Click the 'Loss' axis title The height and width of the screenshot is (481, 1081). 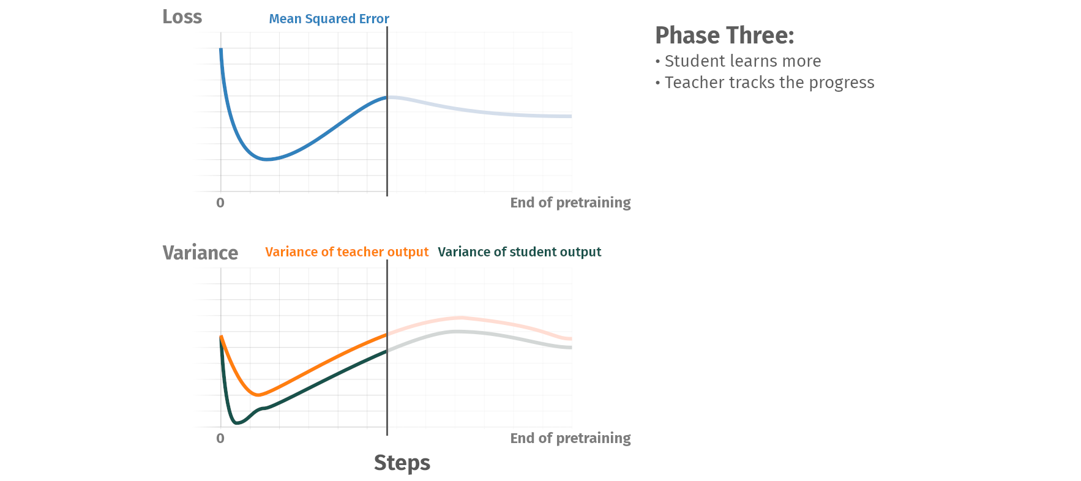pyautogui.click(x=182, y=17)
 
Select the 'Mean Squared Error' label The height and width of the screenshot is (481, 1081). pyautogui.click(x=329, y=19)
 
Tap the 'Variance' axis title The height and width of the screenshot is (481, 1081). pyautogui.click(x=200, y=253)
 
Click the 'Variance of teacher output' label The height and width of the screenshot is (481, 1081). pyautogui.click(x=346, y=252)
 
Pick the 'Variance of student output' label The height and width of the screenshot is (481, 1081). pyautogui.click(x=519, y=252)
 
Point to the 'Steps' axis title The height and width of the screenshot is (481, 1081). pyautogui.click(x=402, y=463)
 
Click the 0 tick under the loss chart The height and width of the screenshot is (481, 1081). pyautogui.click(x=220, y=203)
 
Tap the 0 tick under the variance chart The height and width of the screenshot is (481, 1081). pyautogui.click(x=220, y=438)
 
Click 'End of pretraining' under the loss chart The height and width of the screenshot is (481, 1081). pyautogui.click(x=570, y=203)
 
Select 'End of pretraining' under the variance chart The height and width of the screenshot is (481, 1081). pyautogui.click(x=570, y=438)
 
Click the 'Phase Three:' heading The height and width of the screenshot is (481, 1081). pyautogui.click(x=724, y=35)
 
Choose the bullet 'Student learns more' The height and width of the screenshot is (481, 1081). pyautogui.click(x=738, y=61)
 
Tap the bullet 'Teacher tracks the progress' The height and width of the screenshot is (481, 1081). pyautogui.click(x=765, y=83)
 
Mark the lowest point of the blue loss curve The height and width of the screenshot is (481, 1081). pyautogui.click(x=266, y=159)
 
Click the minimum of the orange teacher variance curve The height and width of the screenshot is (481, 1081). pyautogui.click(x=258, y=395)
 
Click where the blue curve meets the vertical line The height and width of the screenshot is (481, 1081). pyautogui.click(x=387, y=97)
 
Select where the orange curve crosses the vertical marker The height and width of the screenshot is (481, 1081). pyautogui.click(x=387, y=334)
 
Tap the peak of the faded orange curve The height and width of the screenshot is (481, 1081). pyautogui.click(x=462, y=318)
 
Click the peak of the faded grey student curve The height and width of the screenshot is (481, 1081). pyautogui.click(x=456, y=331)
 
